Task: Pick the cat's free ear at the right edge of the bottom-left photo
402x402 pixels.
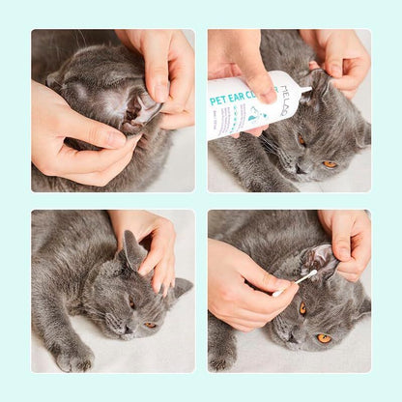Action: click(x=180, y=288)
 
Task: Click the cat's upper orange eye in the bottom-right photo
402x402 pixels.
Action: click(x=302, y=308)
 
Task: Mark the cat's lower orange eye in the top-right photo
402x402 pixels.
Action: click(x=330, y=164)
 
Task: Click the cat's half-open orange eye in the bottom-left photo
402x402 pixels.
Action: click(x=150, y=325)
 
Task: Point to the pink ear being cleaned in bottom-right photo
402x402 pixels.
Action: click(x=317, y=259)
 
